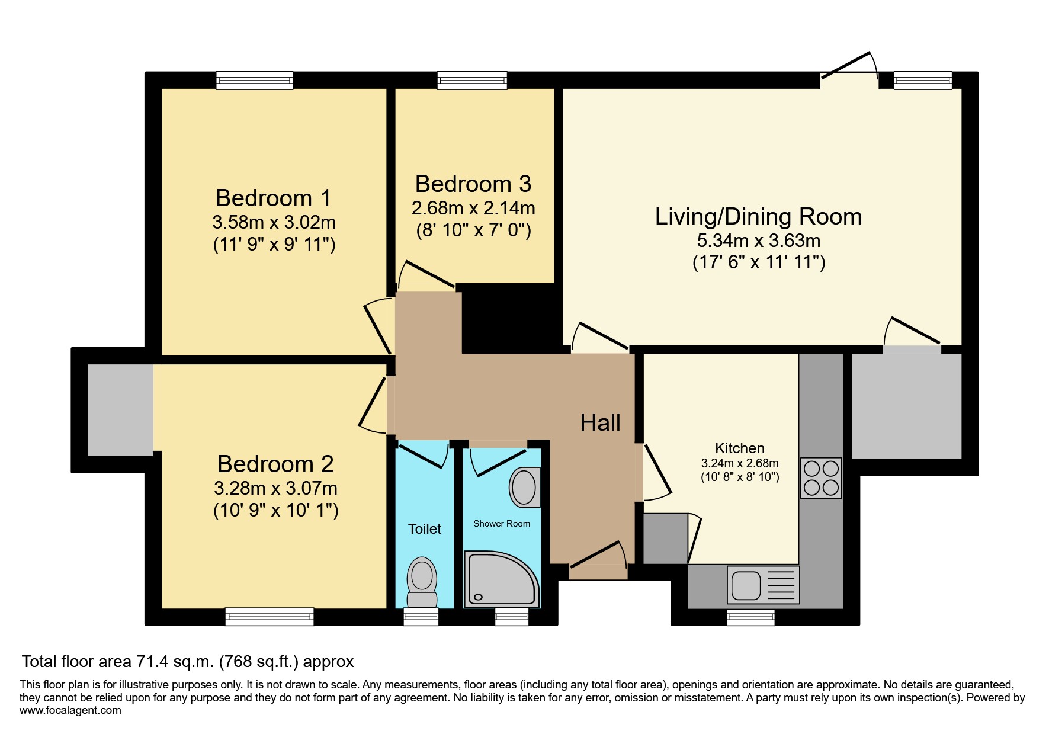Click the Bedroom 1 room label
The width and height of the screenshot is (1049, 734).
273,198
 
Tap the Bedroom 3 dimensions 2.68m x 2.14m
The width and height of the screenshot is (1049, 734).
473,209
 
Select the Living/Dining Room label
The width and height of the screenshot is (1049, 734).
758,217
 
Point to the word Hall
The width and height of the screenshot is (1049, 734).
600,423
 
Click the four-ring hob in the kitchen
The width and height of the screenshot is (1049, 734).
821,477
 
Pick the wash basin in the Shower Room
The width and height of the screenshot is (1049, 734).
524,488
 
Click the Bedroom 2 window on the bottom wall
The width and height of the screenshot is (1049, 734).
270,617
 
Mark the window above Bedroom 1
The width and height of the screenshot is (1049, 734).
255,80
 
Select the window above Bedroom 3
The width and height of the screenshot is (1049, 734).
472,80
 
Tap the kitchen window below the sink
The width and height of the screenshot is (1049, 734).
750,617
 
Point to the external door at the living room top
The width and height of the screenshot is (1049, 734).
849,70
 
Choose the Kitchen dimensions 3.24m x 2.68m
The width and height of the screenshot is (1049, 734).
740,464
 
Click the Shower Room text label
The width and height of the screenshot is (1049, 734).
502,524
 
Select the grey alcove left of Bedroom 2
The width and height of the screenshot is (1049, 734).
120,410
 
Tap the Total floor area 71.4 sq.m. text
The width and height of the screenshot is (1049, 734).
188,662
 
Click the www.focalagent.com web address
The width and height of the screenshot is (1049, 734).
70,710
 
